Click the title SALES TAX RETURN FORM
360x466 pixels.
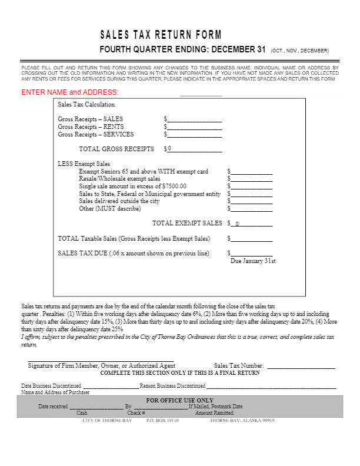pos(161,35)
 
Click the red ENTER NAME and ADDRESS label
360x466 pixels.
pos(70,92)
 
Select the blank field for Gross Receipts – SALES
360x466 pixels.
pos(195,119)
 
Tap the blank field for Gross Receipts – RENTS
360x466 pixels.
pos(195,127)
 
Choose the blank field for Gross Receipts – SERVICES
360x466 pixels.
pos(195,134)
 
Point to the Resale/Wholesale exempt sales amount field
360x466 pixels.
pos(252,179)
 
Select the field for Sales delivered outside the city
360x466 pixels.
pos(252,201)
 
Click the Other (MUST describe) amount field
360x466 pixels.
pos(252,208)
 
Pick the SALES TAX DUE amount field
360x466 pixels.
pos(252,253)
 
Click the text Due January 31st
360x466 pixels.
pos(253,261)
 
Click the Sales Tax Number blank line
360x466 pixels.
pos(301,365)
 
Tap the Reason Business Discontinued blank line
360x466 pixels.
pos(271,386)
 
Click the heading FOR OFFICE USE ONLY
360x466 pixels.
pos(179,400)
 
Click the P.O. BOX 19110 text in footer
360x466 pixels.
pos(162,421)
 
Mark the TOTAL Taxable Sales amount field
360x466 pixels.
pos(252,239)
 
